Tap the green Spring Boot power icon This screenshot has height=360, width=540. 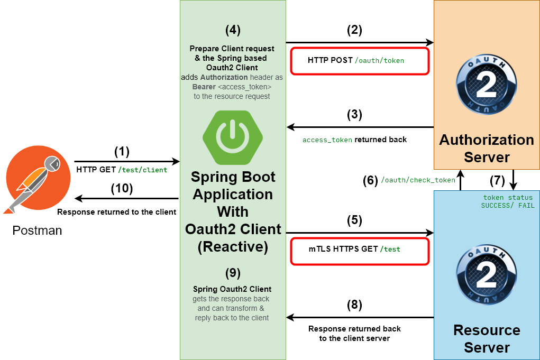pyautogui.click(x=233, y=137)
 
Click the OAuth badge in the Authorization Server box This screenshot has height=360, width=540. pyautogui.click(x=487, y=85)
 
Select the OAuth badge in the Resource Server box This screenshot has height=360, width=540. pyautogui.click(x=487, y=274)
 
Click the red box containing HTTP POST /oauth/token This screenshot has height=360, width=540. pyautogui.click(x=359, y=61)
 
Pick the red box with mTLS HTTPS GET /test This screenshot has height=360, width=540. pyautogui.click(x=359, y=251)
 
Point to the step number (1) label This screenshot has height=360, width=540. pyautogui.click(x=122, y=152)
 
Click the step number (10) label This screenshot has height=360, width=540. pyautogui.click(x=122, y=188)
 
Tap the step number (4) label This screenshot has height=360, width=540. pyautogui.click(x=233, y=30)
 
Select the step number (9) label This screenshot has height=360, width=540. pyautogui.click(x=233, y=273)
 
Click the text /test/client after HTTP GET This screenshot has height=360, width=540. pyautogui.click(x=143, y=170)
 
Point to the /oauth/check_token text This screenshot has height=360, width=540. pyautogui.click(x=418, y=180)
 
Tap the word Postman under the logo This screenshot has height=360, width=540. pyautogui.click(x=37, y=230)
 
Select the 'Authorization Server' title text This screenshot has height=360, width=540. pyautogui.click(x=487, y=149)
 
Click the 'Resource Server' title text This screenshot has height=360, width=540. pyautogui.click(x=487, y=339)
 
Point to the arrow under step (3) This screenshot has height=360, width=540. pyautogui.click(x=360, y=127)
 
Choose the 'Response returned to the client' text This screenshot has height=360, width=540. pyautogui.click(x=116, y=212)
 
